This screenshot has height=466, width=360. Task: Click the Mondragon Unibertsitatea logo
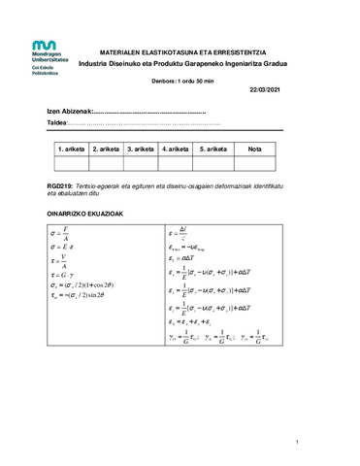(x=49, y=57)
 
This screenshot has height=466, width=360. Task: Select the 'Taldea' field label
(x=57, y=124)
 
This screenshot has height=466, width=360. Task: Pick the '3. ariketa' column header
(x=140, y=149)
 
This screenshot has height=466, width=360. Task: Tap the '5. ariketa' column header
(x=213, y=149)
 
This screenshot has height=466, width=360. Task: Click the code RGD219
(x=59, y=184)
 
